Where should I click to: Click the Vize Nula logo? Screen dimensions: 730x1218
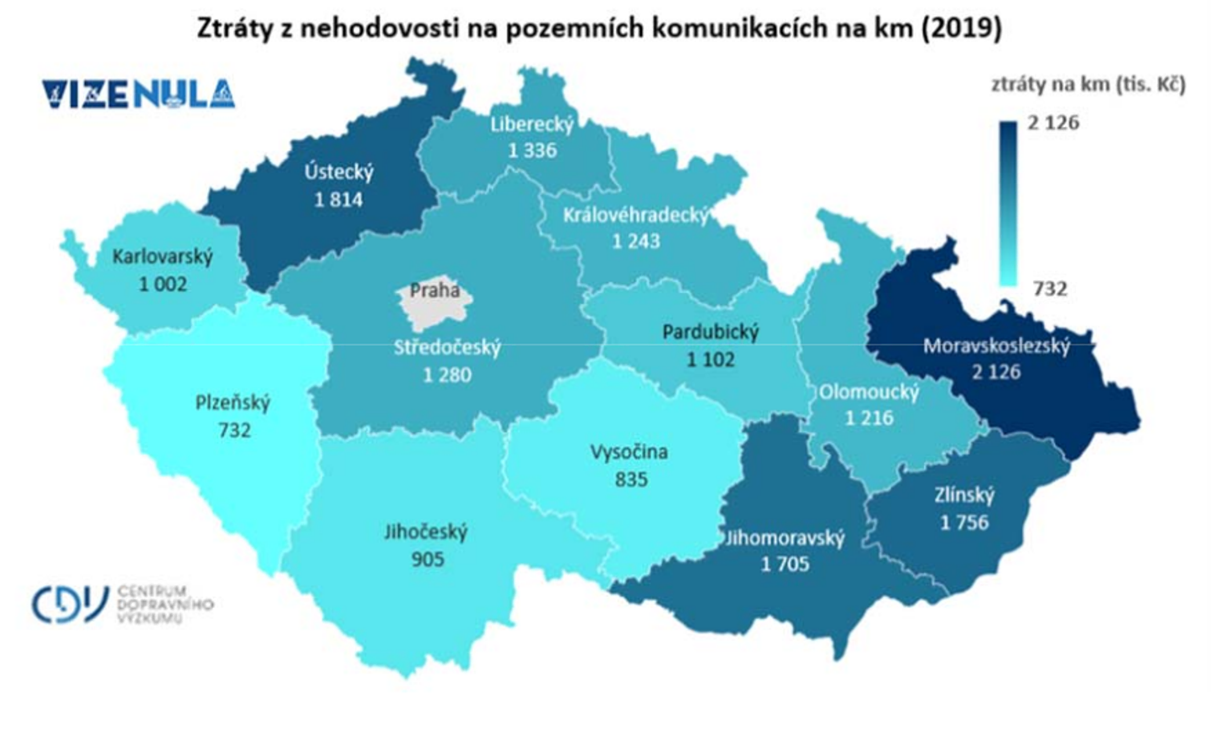point(138,94)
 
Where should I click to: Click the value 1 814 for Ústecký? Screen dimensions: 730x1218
point(339,199)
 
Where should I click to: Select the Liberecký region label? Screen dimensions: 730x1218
point(532,124)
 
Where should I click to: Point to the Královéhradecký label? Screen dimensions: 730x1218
point(635,215)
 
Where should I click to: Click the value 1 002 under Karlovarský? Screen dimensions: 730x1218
point(163,284)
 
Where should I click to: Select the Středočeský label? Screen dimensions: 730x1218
point(447,347)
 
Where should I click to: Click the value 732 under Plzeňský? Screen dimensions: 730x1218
point(234,431)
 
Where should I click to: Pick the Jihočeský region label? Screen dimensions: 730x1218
point(425,532)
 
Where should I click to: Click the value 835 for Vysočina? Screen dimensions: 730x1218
point(631,479)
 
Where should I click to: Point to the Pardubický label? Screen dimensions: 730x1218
point(710,332)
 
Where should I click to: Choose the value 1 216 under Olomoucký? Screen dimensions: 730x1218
point(869,418)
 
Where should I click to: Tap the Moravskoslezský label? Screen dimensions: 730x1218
point(996,346)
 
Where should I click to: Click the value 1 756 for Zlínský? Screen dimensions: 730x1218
point(964,523)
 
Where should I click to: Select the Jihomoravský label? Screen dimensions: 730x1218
point(785,538)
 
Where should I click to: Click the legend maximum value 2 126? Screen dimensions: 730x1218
point(1053,123)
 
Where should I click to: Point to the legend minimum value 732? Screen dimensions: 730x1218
point(1050,289)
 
